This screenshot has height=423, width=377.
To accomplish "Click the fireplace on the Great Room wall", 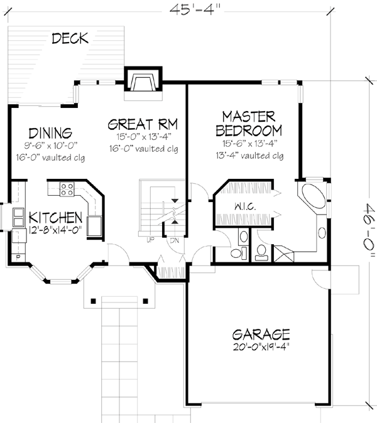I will tap(144, 83).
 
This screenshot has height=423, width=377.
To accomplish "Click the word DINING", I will tap(50, 133).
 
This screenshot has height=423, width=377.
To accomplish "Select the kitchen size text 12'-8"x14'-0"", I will tap(55, 230).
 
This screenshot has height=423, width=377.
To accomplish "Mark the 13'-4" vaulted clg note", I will tap(249, 156).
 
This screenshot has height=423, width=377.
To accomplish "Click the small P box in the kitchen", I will tap(17, 257).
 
